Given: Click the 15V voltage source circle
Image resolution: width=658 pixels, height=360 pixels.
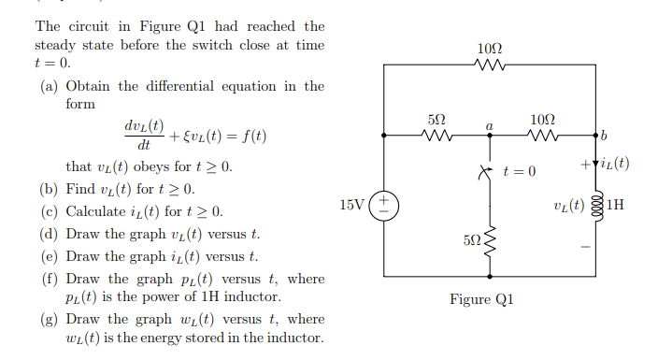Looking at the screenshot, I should (384, 206).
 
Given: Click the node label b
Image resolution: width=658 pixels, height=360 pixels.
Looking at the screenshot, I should (606, 137).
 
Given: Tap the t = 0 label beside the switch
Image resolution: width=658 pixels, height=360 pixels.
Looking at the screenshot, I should (520, 171).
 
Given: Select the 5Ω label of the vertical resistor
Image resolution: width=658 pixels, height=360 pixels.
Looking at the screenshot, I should (472, 240).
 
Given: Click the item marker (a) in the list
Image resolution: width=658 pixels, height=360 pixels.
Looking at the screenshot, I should (49, 86).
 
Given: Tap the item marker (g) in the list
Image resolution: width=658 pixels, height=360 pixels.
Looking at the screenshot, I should (49, 319).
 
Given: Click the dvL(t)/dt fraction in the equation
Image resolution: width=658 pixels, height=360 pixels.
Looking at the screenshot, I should (143, 136).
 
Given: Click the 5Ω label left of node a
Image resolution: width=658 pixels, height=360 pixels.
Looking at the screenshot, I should (436, 120).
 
